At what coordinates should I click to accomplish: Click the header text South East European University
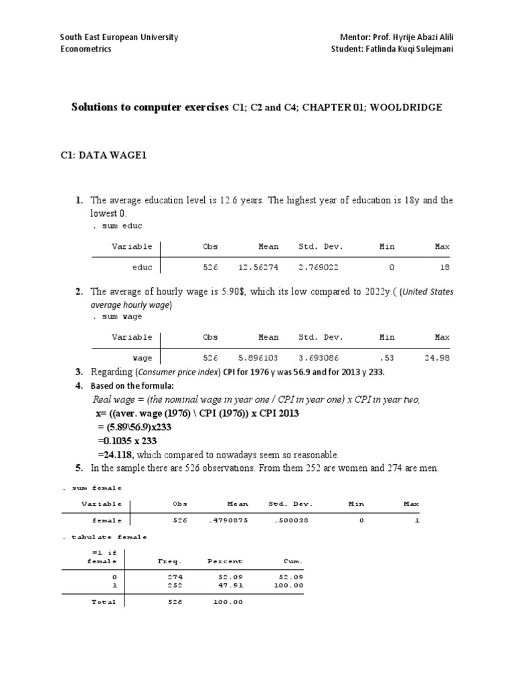click(119, 37)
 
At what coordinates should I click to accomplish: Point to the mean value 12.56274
click(258, 268)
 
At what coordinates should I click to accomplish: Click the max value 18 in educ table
click(444, 268)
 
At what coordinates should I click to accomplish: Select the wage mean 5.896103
click(258, 358)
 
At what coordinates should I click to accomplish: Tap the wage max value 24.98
click(436, 358)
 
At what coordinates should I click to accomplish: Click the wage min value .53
click(388, 358)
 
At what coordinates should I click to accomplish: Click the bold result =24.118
click(114, 454)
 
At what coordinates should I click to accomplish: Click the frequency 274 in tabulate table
click(176, 576)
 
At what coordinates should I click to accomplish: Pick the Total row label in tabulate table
click(104, 602)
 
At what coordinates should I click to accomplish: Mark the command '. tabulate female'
click(104, 537)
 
